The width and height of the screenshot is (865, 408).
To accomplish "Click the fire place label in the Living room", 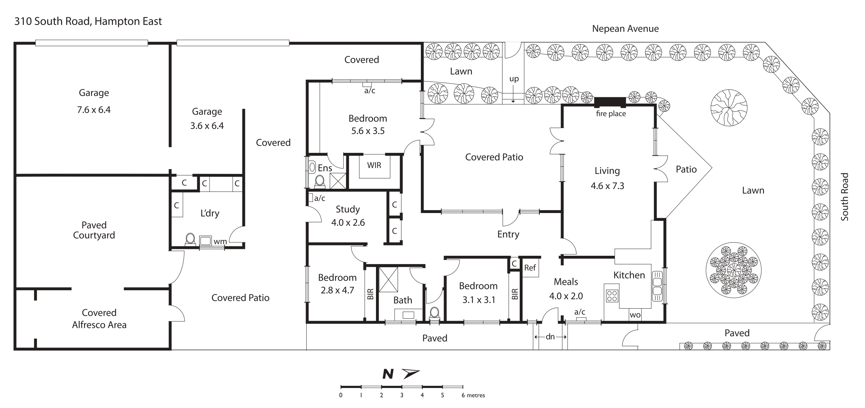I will (611, 114).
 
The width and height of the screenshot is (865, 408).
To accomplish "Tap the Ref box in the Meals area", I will (530, 268).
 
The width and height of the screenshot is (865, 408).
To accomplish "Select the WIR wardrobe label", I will (374, 165).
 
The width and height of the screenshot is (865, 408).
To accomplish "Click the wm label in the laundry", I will (220, 241).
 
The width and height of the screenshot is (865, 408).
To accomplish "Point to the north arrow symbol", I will (411, 373).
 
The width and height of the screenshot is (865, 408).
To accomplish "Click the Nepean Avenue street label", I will (625, 29).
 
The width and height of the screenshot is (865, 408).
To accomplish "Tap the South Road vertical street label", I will (844, 196).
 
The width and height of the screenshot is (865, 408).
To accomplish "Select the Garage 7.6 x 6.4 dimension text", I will (94, 110).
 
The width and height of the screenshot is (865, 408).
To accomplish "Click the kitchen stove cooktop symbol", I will (612, 295).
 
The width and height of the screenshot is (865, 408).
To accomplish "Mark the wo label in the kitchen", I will (635, 315).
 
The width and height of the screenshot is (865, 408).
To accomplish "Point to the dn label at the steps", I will (550, 337).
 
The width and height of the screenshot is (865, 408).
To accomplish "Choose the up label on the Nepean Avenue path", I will (514, 79).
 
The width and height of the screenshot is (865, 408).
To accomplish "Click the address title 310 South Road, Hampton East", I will (88, 21).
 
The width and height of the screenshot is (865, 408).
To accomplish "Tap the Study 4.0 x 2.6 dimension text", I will (348, 223).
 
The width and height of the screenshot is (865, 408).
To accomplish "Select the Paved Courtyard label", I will (94, 230).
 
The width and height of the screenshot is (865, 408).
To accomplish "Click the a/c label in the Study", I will (319, 198).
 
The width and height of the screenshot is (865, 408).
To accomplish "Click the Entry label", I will (508, 234).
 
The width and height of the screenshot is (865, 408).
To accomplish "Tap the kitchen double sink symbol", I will (657, 286).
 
